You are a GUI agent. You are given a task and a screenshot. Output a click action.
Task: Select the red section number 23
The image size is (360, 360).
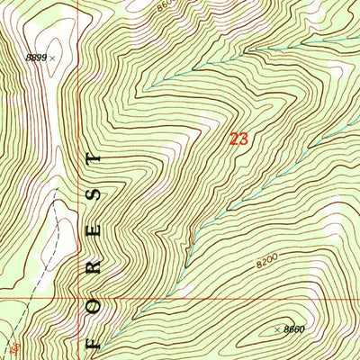238,139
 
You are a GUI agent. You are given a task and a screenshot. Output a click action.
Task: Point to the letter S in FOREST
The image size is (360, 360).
93,195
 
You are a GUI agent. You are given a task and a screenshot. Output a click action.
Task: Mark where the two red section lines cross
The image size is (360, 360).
79,298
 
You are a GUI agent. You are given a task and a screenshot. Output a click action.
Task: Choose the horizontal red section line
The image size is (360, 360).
225,298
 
